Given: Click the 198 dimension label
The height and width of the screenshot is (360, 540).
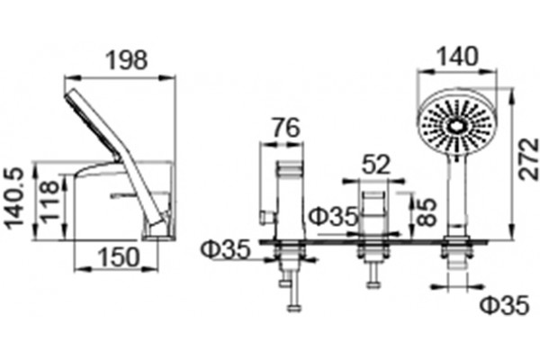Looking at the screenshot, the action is click(x=126, y=60).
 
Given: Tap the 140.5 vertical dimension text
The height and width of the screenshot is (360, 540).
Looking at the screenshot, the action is click(x=14, y=198).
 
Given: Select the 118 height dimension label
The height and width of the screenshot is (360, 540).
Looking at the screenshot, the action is click(x=49, y=200).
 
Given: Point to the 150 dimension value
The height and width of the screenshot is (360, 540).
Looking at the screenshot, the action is click(x=119, y=257).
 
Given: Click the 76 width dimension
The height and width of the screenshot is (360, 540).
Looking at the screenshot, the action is click(x=286, y=128).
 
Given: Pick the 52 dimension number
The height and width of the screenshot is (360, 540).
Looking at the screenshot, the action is click(x=376, y=165).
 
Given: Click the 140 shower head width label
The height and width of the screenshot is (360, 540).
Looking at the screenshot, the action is click(x=457, y=56).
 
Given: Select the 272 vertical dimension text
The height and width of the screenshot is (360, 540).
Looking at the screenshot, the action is click(x=528, y=158).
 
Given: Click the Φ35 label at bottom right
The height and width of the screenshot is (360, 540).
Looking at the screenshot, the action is click(x=504, y=304).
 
